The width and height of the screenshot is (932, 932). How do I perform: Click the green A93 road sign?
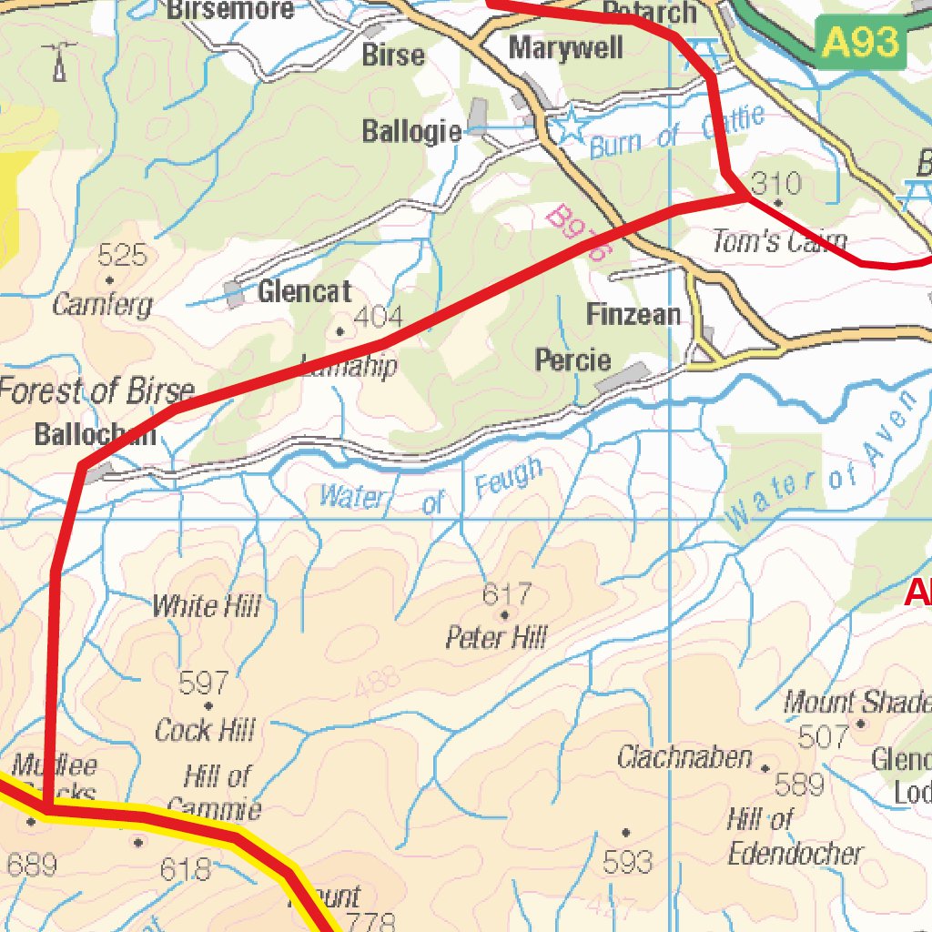(860, 43)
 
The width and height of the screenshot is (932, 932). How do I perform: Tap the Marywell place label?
(565, 48)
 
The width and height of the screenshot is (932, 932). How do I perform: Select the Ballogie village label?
(411, 131)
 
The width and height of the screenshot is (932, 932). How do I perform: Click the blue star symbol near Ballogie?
(571, 127)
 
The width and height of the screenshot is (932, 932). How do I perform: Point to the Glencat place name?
(304, 292)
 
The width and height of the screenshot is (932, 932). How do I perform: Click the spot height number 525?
(122, 255)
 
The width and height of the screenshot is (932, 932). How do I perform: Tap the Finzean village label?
(633, 315)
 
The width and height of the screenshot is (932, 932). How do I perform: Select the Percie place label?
(572, 360)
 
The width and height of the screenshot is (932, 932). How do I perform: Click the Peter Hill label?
(496, 637)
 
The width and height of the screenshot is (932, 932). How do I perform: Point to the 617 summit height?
(506, 595)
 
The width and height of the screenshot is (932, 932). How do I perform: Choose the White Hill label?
(206, 606)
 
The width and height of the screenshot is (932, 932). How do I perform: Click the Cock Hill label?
(205, 730)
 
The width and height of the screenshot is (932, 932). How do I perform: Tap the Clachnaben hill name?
(684, 757)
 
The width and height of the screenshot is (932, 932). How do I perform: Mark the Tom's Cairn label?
(779, 242)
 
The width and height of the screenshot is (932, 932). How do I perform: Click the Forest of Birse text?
(96, 391)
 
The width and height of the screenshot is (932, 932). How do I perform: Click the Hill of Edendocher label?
(794, 836)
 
